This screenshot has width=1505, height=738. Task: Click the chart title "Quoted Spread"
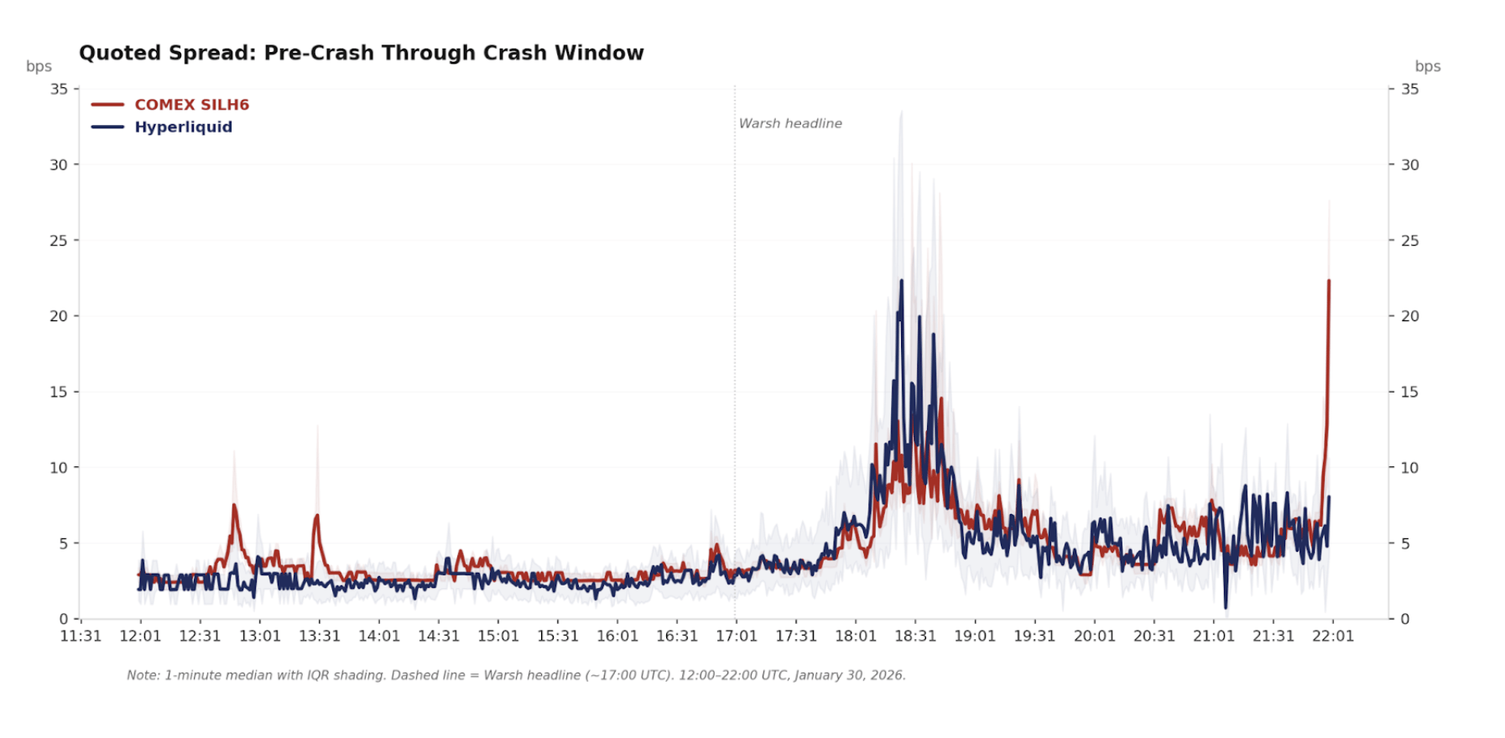pyautogui.click(x=361, y=53)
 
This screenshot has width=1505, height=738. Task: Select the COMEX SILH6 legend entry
pyautogui.click(x=191, y=105)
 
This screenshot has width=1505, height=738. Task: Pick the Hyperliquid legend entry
pyautogui.click(x=183, y=127)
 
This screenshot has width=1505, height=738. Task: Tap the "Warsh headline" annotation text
pyautogui.click(x=789, y=123)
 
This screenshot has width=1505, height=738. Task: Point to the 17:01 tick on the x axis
pyautogui.click(x=736, y=636)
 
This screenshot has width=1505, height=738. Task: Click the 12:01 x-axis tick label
pyautogui.click(x=140, y=636)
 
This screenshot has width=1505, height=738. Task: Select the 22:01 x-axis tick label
pyautogui.click(x=1332, y=636)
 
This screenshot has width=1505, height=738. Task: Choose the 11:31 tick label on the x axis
pyautogui.click(x=81, y=636)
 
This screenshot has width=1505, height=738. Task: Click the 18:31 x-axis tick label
pyautogui.click(x=914, y=636)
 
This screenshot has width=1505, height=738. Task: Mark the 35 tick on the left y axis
pyautogui.click(x=59, y=89)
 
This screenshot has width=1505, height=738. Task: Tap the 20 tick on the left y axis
pyautogui.click(x=59, y=316)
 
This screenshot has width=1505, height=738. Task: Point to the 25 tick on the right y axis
pyautogui.click(x=1410, y=241)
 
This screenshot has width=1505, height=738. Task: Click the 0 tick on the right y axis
pyautogui.click(x=1405, y=619)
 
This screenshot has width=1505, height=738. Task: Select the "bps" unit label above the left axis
pyautogui.click(x=39, y=66)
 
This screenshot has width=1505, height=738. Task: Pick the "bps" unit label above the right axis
pyautogui.click(x=1427, y=66)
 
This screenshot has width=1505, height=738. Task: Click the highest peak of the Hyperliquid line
pyautogui.click(x=902, y=281)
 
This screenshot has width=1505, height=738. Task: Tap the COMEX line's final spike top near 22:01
pyautogui.click(x=1329, y=281)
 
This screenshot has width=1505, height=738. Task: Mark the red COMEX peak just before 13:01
pyautogui.click(x=234, y=505)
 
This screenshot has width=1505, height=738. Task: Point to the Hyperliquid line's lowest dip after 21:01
pyautogui.click(x=1226, y=607)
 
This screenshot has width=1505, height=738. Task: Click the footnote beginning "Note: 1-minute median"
pyautogui.click(x=516, y=675)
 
